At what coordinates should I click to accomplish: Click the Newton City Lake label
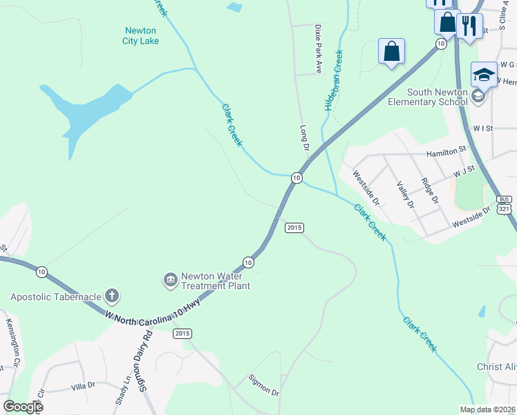(141, 35)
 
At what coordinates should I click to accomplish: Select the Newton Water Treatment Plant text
(215, 281)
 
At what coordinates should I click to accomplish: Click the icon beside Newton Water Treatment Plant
(170, 280)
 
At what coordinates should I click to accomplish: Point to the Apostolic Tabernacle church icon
(112, 297)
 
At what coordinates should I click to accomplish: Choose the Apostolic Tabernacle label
(55, 297)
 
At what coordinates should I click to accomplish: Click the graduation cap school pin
(484, 73)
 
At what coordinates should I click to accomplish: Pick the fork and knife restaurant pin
(469, 26)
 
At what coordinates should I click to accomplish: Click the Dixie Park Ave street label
(319, 49)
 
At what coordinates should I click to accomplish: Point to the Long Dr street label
(304, 138)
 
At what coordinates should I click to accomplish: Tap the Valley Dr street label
(405, 195)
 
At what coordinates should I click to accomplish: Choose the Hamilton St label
(447, 151)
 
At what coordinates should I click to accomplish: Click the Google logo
(22, 407)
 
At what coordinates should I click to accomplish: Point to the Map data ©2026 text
(487, 409)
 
